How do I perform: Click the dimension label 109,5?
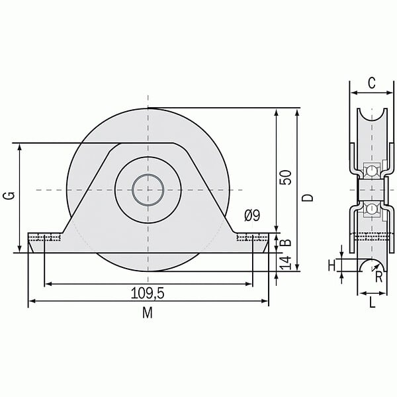coord(148,293)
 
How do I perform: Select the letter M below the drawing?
coord(148,313)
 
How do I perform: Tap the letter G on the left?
coord(10,196)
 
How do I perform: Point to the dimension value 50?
coord(285,177)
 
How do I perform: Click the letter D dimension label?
coord(308,197)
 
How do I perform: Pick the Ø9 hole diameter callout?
coord(252,216)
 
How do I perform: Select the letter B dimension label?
coord(286,243)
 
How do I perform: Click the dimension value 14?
coord(285,263)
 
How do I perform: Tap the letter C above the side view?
coord(372,83)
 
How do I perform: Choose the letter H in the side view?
coord(331,266)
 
